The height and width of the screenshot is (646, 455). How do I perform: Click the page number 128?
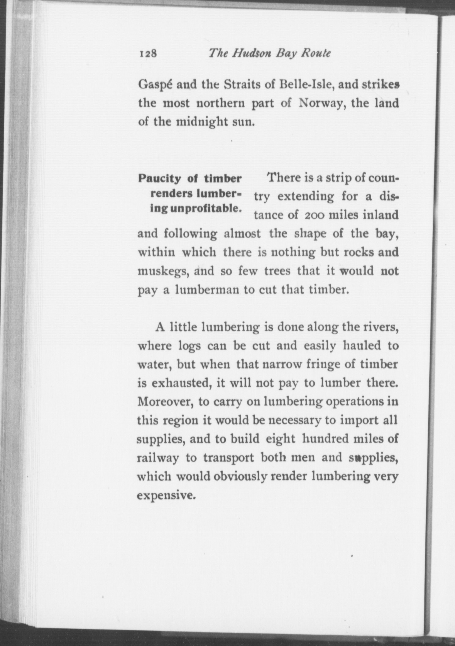[x=148, y=54]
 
